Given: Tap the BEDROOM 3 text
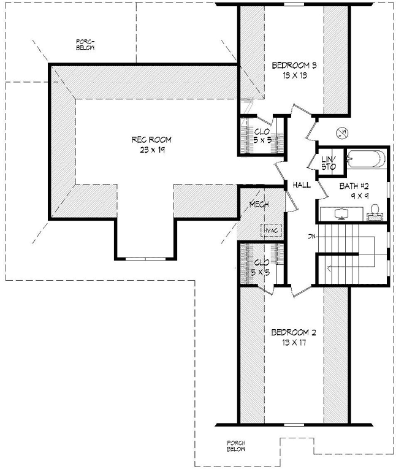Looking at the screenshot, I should (293, 66).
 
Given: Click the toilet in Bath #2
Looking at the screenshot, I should (373, 212).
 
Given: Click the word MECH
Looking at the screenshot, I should (259, 205).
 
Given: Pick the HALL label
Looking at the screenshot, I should (301, 185).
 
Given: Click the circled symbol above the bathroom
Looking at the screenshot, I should (343, 132).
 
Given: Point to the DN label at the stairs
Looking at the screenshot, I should (311, 236).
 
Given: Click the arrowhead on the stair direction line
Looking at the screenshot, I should (329, 267).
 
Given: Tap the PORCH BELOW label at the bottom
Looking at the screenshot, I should (236, 446).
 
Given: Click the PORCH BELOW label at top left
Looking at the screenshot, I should (85, 44).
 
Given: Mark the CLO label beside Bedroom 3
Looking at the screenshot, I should (260, 131).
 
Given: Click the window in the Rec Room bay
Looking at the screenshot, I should (145, 259).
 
